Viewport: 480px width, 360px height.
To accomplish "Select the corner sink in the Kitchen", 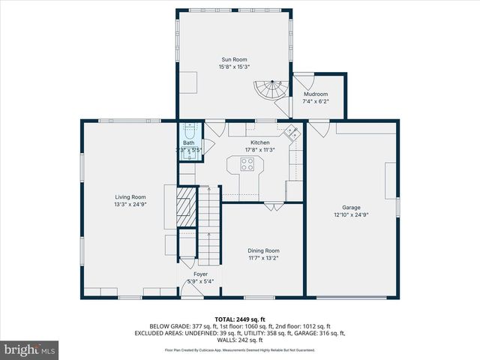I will tap(292, 133).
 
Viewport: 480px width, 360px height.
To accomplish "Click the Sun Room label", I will tap(234, 59).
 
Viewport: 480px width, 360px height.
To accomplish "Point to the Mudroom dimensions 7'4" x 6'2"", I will tap(315, 101).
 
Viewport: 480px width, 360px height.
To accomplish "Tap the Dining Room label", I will tap(263, 250).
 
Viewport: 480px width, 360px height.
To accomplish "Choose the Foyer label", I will tap(200, 274).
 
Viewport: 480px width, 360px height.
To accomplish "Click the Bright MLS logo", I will tap(30, 349).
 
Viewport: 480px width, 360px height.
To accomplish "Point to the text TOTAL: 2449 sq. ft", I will tap(239, 319).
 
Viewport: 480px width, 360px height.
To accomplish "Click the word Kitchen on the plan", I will tap(259, 142).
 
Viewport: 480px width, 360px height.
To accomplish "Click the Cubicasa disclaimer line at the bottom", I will tap(239, 350).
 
